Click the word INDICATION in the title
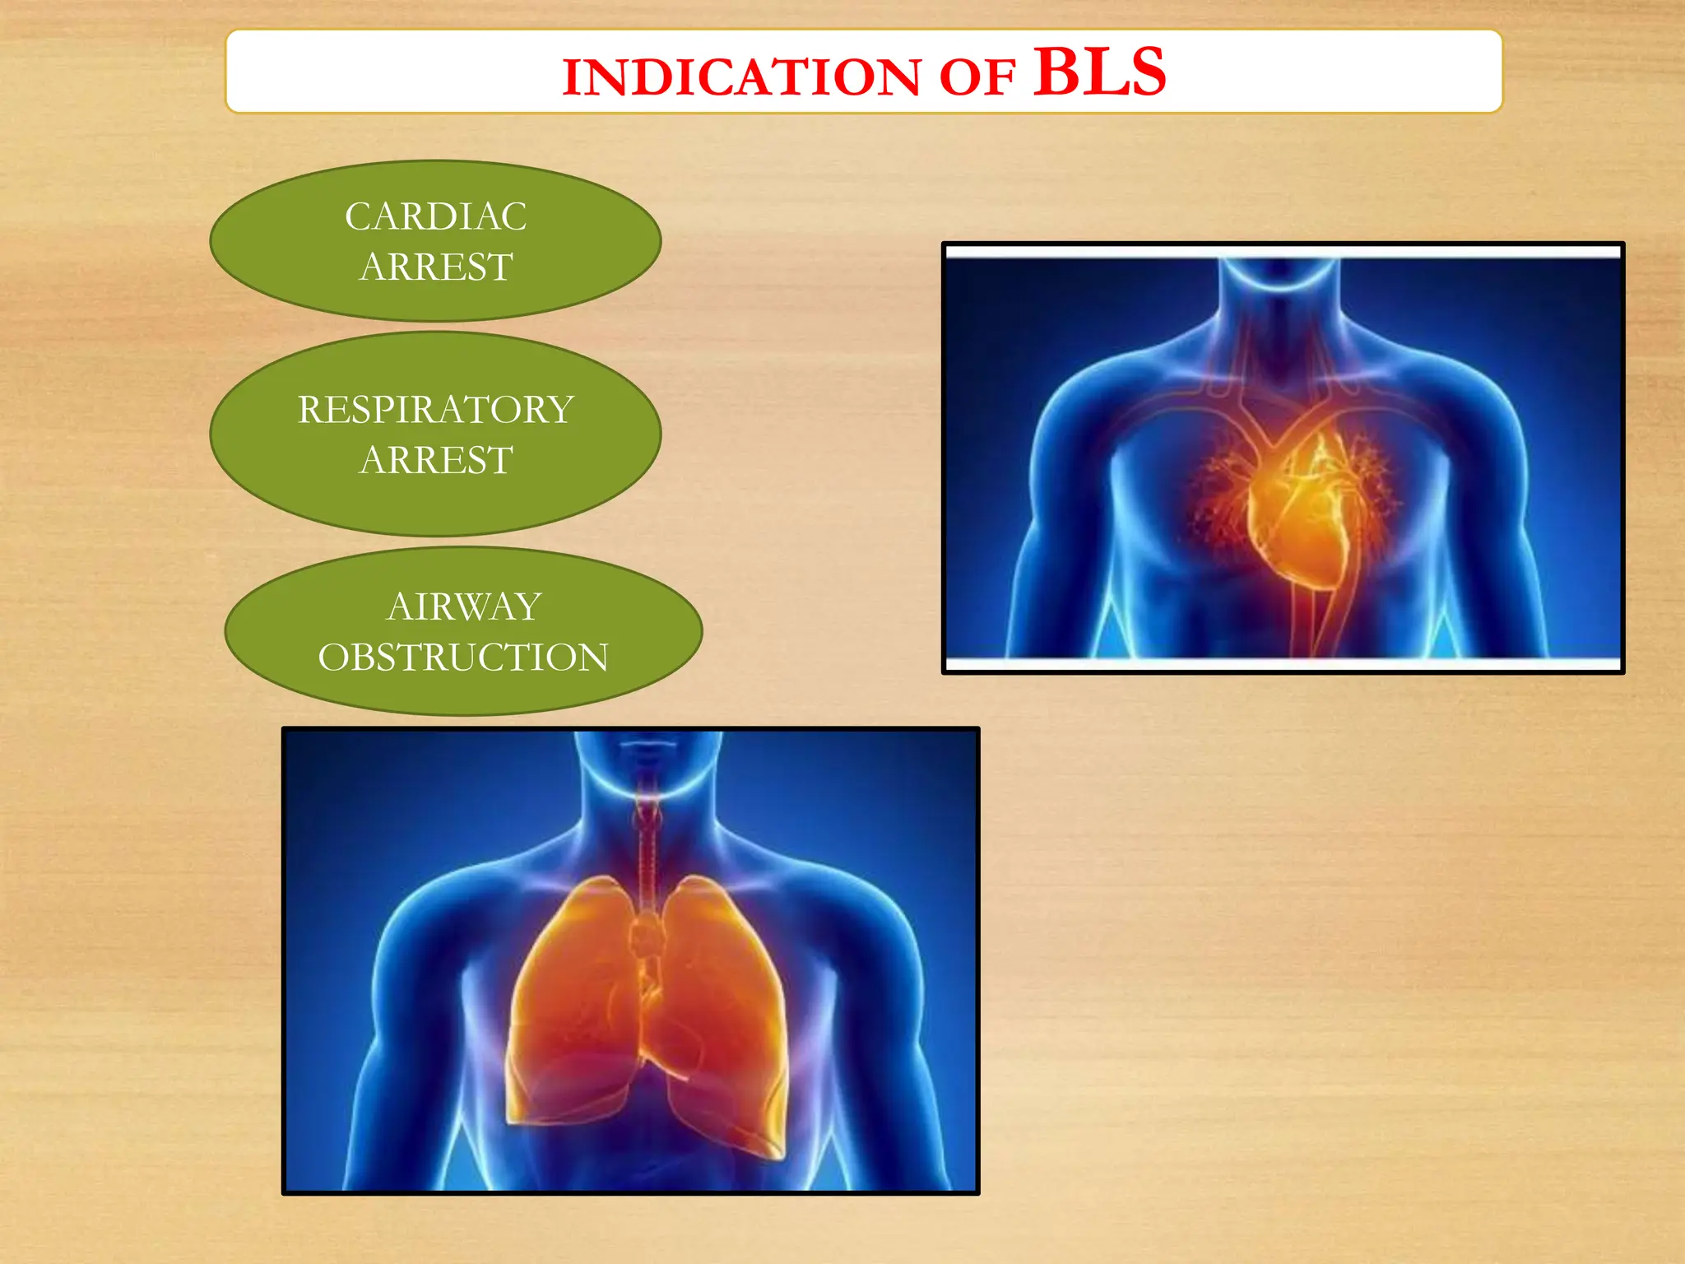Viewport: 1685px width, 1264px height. coord(741,77)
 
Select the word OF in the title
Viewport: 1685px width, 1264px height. coord(977,78)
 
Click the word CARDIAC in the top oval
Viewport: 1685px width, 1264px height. coord(435,217)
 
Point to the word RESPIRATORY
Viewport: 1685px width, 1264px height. coord(435,410)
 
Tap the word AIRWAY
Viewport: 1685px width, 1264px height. coord(464,607)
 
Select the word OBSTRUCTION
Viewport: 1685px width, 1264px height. coord(463,658)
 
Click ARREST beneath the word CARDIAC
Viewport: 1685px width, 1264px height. coord(436,267)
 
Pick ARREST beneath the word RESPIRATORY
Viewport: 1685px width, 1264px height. coord(436,460)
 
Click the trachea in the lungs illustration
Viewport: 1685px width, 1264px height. coord(648,848)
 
